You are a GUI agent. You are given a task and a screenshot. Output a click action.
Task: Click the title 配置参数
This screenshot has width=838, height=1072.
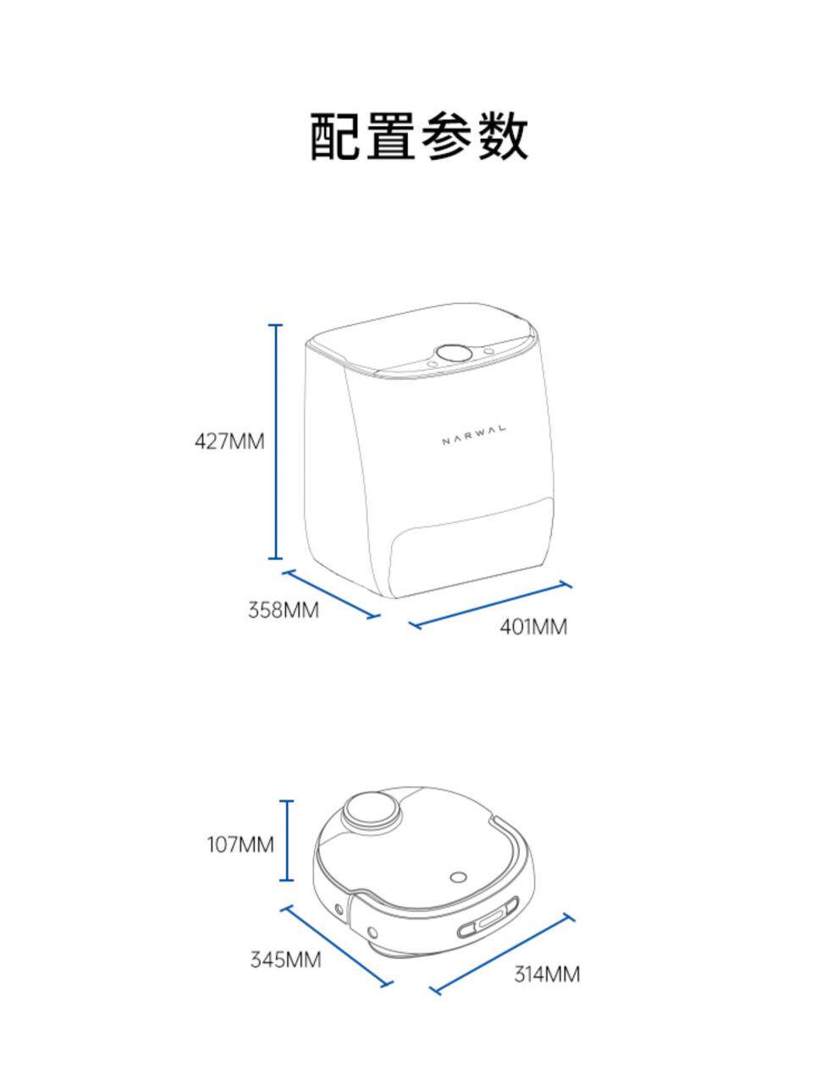(x=419, y=135)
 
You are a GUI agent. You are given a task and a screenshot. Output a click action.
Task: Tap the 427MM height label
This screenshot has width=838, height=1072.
(x=229, y=441)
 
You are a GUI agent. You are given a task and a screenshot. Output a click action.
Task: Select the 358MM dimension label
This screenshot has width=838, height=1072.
(x=284, y=609)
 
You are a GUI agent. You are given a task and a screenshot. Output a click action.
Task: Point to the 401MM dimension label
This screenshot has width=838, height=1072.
(x=533, y=627)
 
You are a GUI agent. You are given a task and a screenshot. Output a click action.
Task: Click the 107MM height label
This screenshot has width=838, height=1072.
(x=240, y=844)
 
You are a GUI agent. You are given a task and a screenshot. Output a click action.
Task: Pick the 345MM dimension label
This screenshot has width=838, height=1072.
(x=285, y=959)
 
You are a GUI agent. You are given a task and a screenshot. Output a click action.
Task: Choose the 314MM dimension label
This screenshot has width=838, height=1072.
(x=547, y=974)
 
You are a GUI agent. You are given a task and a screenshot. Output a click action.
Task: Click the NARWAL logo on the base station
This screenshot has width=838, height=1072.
(x=474, y=434)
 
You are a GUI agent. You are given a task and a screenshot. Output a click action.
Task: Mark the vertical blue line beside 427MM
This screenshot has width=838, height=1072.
(x=275, y=441)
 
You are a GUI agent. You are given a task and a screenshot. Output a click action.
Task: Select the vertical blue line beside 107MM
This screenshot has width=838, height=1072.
(x=288, y=840)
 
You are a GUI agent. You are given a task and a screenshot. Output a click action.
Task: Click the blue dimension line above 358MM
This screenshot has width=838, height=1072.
(x=331, y=593)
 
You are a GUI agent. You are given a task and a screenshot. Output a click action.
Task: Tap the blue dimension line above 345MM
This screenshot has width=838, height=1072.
(x=337, y=946)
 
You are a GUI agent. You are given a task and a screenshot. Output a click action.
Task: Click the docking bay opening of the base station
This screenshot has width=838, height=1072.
(x=471, y=546)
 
